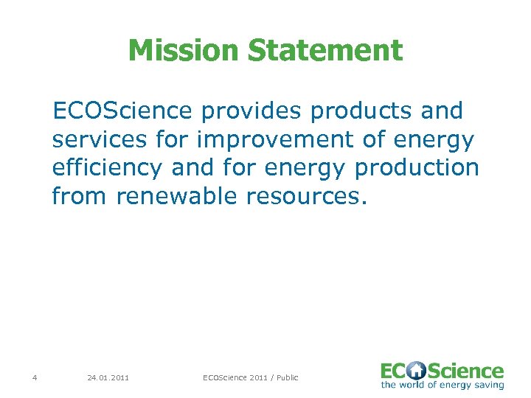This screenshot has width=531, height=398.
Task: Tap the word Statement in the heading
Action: coord(325,51)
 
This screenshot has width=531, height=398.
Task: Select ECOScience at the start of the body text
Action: coord(122,111)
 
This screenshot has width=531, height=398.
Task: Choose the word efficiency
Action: coord(107,168)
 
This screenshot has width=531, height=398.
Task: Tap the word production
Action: coord(417,168)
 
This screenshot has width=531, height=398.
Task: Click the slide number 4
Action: coord(35,378)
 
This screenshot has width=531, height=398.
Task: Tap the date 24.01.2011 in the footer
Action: coord(108,378)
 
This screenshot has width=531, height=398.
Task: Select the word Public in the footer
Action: coord(287,378)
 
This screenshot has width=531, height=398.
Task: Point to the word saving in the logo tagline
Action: coord(489,385)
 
